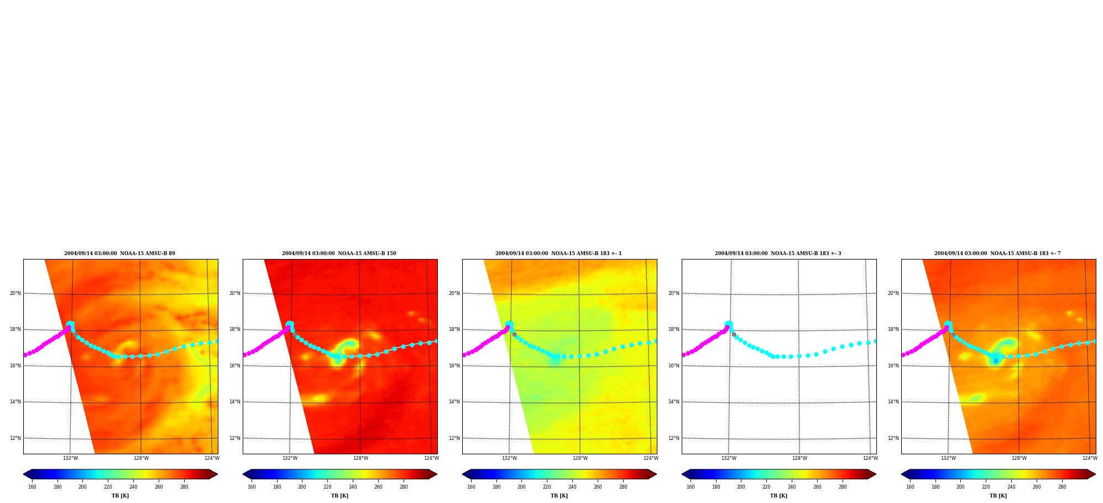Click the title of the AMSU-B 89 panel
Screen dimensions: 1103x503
pyautogui.click(x=119, y=253)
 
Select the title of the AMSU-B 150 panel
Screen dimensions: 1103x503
pyautogui.click(x=339, y=253)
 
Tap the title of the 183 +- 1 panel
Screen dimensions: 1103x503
pyautogui.click(x=558, y=253)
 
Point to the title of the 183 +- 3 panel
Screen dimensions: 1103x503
pyautogui.click(x=778, y=253)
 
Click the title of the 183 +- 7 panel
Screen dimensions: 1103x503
pyautogui.click(x=997, y=253)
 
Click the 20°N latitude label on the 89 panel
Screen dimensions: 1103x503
pyautogui.click(x=15, y=293)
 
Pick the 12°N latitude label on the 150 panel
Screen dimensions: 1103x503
pyautogui.click(x=235, y=438)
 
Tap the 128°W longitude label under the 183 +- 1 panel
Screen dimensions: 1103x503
pyautogui.click(x=580, y=458)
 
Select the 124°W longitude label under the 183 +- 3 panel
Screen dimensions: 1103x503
pyautogui.click(x=870, y=458)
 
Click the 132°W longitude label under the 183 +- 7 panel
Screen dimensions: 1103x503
pyautogui.click(x=948, y=458)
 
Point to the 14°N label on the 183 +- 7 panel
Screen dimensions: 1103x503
pyautogui.click(x=893, y=402)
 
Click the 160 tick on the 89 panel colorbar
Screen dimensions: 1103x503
pyautogui.click(x=32, y=487)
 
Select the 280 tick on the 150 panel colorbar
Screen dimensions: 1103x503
pyautogui.click(x=404, y=487)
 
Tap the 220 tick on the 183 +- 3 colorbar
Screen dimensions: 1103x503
pyautogui.click(x=766, y=487)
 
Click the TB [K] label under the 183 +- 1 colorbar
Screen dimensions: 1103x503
pyautogui.click(x=559, y=496)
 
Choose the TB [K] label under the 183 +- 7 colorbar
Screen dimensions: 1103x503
pyautogui.click(x=998, y=496)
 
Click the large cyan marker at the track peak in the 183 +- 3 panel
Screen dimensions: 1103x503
pyautogui.click(x=729, y=324)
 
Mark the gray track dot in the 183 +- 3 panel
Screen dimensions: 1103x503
pyautogui.click(x=734, y=334)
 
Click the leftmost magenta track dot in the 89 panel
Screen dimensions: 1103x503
pyautogui.click(x=25, y=355)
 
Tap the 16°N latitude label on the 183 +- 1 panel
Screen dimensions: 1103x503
pyautogui.click(x=454, y=366)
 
